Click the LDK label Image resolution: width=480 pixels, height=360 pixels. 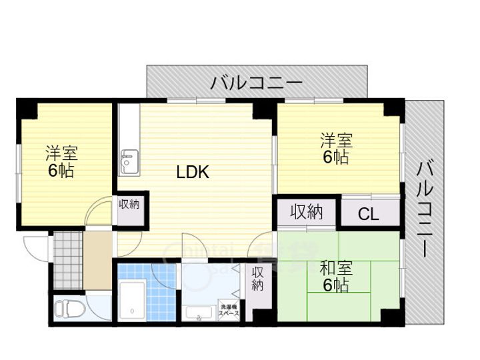point(193,173)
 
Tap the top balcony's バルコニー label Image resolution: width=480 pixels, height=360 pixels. point(257,83)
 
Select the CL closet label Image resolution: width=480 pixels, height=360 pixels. point(369,213)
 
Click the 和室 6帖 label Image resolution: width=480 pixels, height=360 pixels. point(335,277)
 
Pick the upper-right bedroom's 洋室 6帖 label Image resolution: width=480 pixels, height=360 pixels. point(335,149)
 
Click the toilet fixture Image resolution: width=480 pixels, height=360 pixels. point(67,309)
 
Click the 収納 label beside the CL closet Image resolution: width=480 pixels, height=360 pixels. point(307,213)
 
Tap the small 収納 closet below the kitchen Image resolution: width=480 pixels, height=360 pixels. point(130,204)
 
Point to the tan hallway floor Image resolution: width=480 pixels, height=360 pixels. point(97,260)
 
